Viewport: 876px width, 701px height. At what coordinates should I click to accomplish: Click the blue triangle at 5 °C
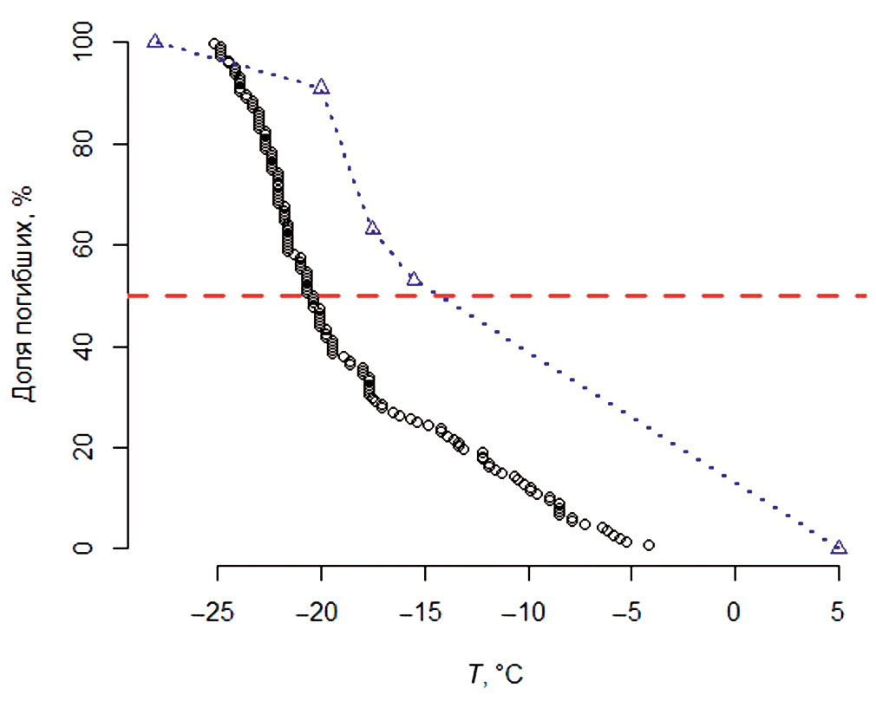[x=838, y=548]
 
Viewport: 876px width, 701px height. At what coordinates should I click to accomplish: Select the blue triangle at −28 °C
[x=154, y=42]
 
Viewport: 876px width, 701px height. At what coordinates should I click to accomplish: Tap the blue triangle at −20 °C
[x=322, y=88]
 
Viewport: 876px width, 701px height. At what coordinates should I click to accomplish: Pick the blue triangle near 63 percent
[x=373, y=228]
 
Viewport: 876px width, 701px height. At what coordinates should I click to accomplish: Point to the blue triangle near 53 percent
[x=415, y=279]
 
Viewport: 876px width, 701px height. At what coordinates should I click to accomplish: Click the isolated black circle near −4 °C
[x=649, y=545]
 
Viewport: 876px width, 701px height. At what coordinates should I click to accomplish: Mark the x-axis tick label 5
[x=838, y=611]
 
